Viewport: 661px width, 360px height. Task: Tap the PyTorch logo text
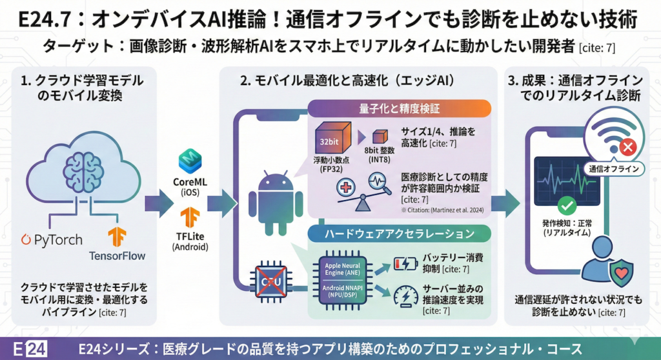click(52, 239)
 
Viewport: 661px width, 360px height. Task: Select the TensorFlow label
click(117, 255)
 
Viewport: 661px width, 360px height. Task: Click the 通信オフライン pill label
click(614, 170)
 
